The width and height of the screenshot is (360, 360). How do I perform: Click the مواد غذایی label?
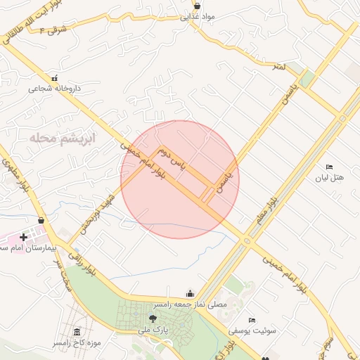(195, 18)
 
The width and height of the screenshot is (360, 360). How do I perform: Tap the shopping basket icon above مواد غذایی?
(196, 6)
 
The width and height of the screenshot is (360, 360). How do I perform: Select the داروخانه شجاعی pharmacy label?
(55, 89)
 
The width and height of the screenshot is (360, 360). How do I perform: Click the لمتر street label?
(280, 67)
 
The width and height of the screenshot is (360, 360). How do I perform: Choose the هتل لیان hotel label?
(329, 178)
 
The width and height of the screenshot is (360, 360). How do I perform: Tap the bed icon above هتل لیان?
(329, 167)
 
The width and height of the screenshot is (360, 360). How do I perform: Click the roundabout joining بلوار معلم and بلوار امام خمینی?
(247, 240)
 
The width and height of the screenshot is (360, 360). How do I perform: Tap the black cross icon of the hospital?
(24, 238)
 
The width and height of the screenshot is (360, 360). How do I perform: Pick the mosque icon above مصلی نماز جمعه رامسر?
(189, 294)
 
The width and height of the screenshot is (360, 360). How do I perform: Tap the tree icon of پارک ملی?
(153, 319)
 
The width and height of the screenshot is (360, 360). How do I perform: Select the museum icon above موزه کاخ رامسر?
(77, 332)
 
